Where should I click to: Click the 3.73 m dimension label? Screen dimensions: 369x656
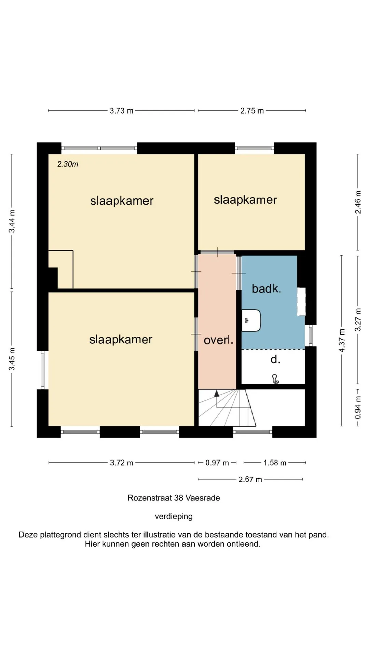[122, 111]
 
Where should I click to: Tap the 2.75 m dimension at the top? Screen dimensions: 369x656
[252, 111]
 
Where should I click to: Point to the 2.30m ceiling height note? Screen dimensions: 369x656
[68, 164]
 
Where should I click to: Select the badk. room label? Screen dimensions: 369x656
[266, 289]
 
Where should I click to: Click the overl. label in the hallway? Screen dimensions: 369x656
[219, 340]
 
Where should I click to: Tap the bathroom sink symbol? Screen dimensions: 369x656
[251, 320]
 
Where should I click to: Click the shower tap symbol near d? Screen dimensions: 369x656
[275, 379]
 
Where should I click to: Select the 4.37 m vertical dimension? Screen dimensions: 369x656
[342, 340]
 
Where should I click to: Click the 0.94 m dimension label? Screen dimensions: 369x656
[358, 408]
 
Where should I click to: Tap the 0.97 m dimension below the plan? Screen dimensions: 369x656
[217, 463]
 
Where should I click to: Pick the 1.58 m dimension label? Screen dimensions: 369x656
[275, 463]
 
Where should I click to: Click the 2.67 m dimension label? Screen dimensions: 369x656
[250, 479]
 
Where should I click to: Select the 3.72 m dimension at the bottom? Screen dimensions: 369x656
[122, 463]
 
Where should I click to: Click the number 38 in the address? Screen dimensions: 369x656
[179, 498]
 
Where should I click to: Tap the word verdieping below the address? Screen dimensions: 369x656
[174, 516]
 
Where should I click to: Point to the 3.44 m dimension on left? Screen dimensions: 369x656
[12, 221]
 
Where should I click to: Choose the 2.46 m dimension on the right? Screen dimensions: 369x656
[358, 202]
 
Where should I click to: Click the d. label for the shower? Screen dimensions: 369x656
[275, 359]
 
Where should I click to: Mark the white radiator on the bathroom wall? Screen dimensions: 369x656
[301, 301]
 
